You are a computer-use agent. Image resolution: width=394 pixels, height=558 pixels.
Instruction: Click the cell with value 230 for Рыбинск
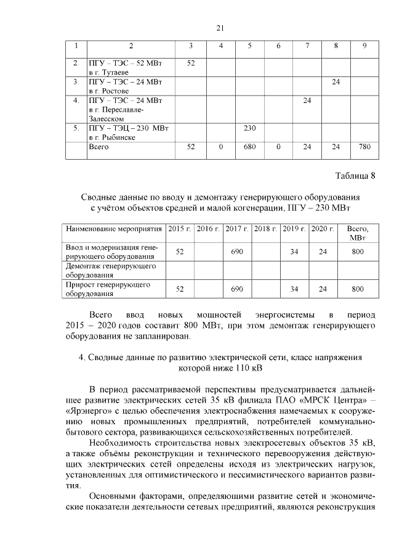pos(249,128)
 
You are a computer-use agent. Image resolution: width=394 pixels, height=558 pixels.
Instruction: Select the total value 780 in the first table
pos(364,147)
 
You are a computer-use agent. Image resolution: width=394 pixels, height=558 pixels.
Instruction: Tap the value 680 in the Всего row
pos(249,147)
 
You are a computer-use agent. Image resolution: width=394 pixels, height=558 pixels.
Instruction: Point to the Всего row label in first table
pos(99,147)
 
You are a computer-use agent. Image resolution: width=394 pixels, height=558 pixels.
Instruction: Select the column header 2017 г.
pos(236,229)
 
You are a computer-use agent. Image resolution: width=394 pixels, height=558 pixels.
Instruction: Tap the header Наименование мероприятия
pos(115,229)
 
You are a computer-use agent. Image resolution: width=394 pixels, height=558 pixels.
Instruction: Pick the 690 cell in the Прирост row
pos(236,289)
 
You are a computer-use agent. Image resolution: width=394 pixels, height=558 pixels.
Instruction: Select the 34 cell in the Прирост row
pos(294,289)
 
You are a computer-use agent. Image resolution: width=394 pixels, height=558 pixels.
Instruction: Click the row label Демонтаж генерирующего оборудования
pos(105,270)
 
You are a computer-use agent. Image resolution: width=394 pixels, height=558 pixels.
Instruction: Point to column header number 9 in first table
pos(364,46)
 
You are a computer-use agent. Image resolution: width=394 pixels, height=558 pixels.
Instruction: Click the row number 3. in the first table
pos(76,81)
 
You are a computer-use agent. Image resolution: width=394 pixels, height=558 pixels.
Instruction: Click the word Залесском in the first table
pos(108,118)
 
